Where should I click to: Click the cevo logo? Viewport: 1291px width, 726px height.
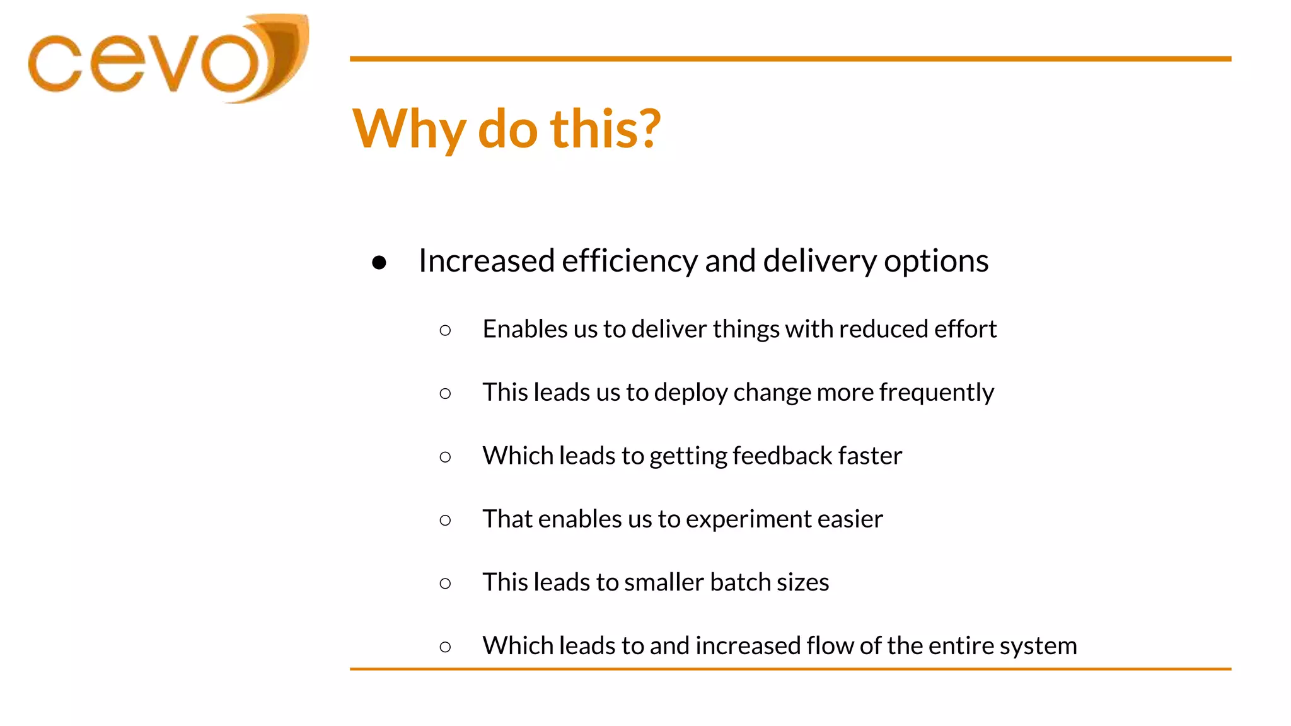point(167,60)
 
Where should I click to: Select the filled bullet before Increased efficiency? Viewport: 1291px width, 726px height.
point(379,262)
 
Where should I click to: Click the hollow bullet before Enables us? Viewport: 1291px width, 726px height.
point(445,330)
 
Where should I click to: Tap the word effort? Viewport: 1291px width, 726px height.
point(965,329)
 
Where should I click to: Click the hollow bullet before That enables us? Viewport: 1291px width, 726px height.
point(445,520)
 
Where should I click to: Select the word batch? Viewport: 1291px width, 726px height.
point(740,582)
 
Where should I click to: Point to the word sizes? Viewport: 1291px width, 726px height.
point(802,582)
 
